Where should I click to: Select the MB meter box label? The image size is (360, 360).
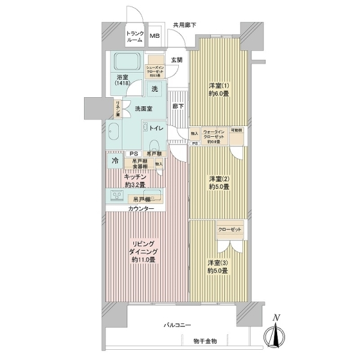coord(155,37)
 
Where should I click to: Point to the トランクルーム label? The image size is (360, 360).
coord(134,37)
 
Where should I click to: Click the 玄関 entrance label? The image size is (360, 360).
coord(176,60)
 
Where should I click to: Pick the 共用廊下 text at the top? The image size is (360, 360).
coord(185,25)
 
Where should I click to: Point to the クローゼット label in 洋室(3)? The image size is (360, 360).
coord(230,230)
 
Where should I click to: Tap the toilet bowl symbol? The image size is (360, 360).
coord(155,145)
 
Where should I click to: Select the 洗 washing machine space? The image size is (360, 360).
coord(155,88)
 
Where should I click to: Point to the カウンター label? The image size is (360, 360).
coord(140,208)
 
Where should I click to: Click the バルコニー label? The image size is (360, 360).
coord(178,325)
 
